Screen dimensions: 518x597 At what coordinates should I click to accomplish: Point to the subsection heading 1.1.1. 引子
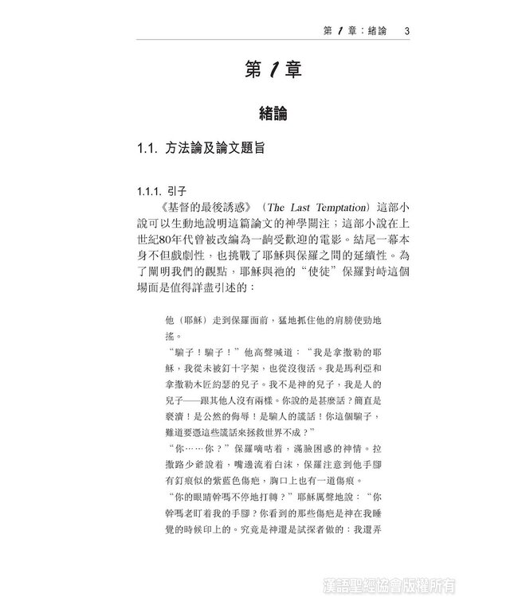coord(161,192)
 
